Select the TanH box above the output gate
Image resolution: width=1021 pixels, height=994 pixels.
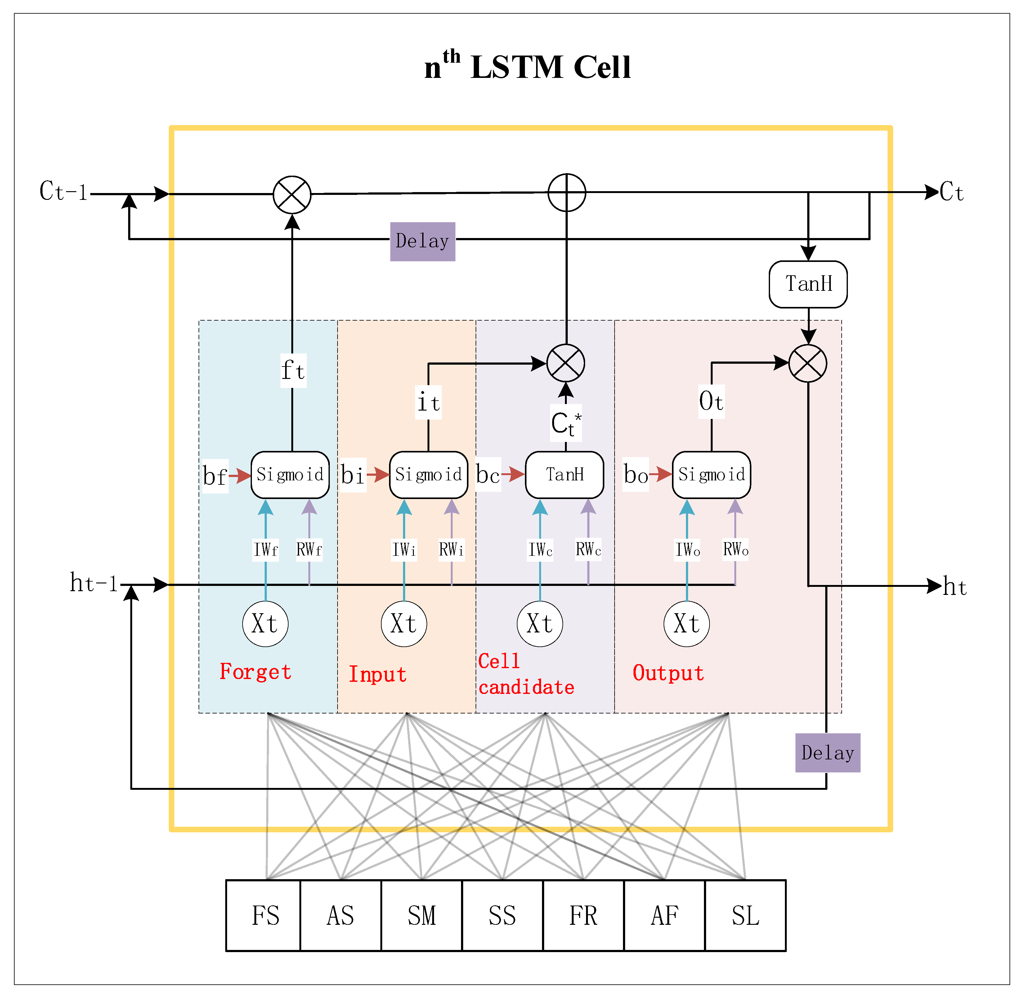(808, 284)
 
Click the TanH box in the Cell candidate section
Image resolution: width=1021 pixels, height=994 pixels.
(564, 475)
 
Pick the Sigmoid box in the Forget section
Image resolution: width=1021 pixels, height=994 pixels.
(290, 475)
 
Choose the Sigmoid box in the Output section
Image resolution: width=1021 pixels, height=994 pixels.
(711, 475)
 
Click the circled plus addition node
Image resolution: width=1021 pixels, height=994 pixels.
(567, 193)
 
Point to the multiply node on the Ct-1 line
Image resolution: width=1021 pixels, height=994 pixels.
(292, 195)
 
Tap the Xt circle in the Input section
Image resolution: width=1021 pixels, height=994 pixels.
(404, 624)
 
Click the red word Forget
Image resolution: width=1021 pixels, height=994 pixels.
(255, 672)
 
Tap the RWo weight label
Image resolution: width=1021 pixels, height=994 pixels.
(736, 549)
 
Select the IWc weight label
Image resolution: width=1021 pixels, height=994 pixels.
(540, 549)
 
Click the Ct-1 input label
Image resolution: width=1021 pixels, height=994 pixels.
(63, 191)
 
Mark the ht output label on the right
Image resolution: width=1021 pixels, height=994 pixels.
(955, 587)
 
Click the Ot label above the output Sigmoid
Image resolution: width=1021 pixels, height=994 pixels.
(711, 402)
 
